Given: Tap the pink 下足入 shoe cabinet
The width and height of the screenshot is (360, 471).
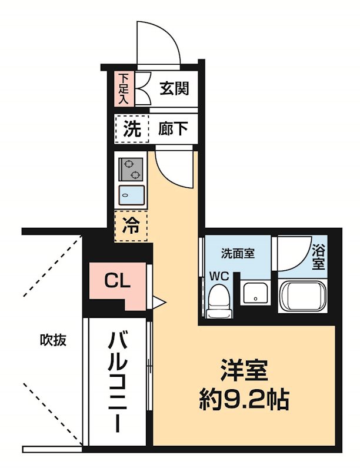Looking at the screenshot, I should [124, 88].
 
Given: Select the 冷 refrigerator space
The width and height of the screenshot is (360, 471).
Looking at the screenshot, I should [131, 226].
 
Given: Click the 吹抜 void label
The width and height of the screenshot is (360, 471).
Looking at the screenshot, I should [53, 340].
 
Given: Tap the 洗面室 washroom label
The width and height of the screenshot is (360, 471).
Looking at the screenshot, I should [238, 254].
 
